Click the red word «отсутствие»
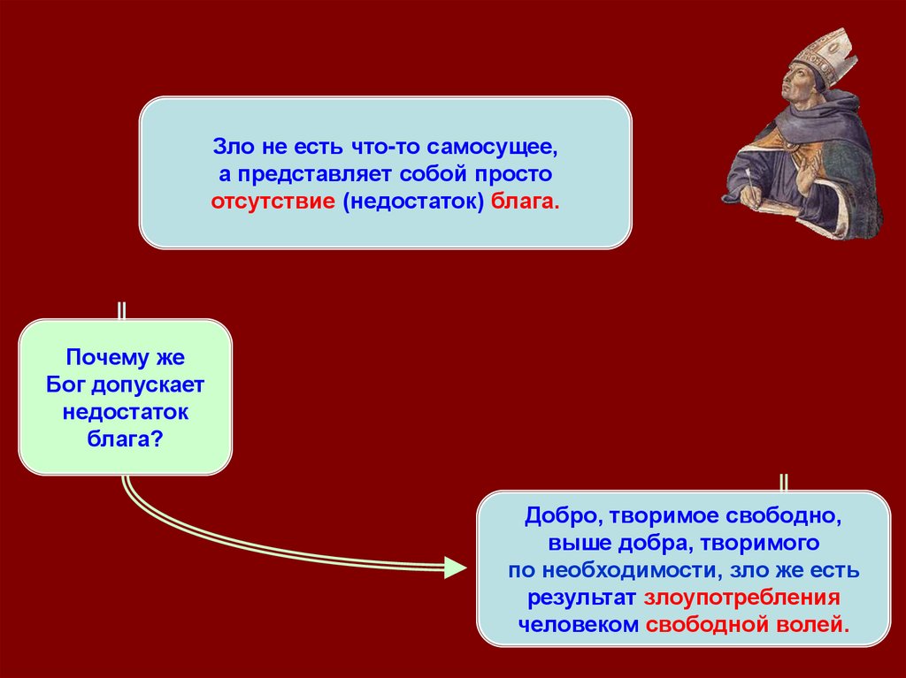(x=272, y=202)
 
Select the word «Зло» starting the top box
(x=229, y=145)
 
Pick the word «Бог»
(x=65, y=385)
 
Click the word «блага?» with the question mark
(x=125, y=438)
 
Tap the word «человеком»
(x=579, y=624)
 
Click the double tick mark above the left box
(x=121, y=310)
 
